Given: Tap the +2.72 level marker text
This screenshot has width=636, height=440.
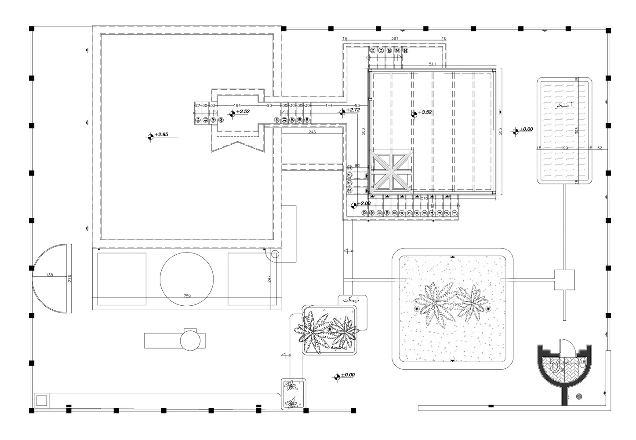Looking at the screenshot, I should pos(353,110).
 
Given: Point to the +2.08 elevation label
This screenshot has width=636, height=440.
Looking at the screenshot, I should pos(364,203).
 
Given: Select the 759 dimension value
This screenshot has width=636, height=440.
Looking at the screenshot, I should pos(187,297).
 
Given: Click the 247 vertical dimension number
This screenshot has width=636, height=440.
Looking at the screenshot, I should pos(269,279).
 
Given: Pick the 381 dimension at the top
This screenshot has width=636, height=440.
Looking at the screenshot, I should pos(394,39).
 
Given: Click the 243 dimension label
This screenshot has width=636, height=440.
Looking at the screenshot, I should pos(312,132).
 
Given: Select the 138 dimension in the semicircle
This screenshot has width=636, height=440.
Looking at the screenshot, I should pos(49,275).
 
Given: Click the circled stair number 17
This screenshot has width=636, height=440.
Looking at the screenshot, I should pos(350,168).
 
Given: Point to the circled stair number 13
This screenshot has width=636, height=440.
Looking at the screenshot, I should pos(364,213).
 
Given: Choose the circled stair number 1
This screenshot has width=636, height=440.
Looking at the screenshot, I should pos(454,213).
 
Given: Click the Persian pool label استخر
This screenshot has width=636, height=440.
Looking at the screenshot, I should pos(563,105).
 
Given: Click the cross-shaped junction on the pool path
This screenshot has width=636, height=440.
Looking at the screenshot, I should pos(564,280).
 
